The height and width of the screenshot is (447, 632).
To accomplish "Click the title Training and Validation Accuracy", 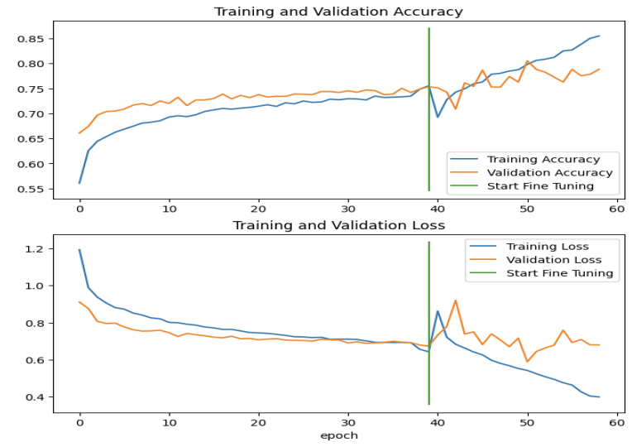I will click(x=338, y=12).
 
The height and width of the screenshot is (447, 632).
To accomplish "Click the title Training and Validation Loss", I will click(x=338, y=225).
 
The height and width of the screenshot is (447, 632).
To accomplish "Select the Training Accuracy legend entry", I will click(x=543, y=160).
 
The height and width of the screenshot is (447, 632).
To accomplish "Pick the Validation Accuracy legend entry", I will click(x=549, y=173).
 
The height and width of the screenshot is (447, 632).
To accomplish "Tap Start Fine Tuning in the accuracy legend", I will click(x=540, y=186).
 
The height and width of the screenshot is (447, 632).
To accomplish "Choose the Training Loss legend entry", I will click(x=547, y=246).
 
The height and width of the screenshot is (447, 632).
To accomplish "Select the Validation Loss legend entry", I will click(x=553, y=259).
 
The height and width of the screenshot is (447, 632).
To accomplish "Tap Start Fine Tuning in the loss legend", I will click(x=559, y=272).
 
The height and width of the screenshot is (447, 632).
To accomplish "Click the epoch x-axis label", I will click(x=339, y=435).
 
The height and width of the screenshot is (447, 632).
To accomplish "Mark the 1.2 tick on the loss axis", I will click(x=37, y=249).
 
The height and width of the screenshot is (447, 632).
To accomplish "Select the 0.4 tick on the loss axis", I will click(x=37, y=397).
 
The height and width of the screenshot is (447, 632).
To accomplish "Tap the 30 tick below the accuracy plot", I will click(x=348, y=209).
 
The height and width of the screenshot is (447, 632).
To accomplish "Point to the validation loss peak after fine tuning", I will click(x=455, y=300).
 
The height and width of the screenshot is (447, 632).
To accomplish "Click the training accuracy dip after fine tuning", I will click(x=438, y=117).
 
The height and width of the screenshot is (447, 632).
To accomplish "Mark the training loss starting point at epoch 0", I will click(x=79, y=250).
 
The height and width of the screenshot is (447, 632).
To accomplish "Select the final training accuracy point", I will click(x=599, y=36).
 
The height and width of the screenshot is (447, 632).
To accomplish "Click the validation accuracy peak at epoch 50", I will click(x=527, y=61).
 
